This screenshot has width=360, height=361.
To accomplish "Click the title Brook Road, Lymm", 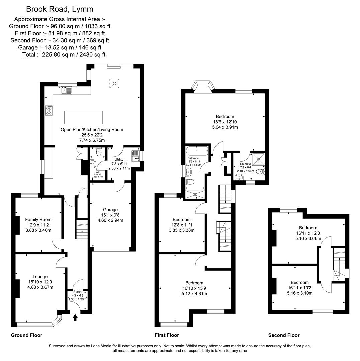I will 60,9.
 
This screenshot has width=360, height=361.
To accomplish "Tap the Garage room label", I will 110,210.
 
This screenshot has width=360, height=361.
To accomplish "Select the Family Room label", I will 38,220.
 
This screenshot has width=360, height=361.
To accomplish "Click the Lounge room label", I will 40,277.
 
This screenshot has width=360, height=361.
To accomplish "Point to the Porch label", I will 77,292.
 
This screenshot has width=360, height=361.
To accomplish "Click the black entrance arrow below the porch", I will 75,317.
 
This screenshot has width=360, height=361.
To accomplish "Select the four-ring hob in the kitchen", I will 49,110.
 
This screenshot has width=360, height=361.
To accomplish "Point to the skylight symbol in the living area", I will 115,83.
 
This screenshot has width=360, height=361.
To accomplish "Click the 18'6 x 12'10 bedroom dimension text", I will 225,122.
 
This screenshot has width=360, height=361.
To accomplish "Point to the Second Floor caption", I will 284,335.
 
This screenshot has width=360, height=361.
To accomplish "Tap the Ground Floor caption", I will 27,335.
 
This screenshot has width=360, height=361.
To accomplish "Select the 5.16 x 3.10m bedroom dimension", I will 299,293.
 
